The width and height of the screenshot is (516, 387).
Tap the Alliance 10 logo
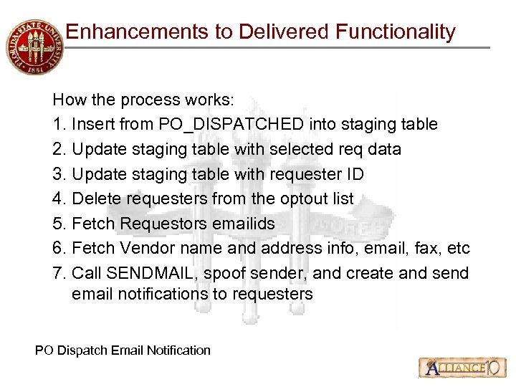[459, 368]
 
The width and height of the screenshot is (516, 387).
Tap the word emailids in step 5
[243, 224]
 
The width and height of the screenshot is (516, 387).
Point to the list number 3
[59, 174]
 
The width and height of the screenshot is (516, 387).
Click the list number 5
[59, 224]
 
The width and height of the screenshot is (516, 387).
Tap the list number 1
[59, 124]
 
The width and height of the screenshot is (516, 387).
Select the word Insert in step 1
[93, 124]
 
